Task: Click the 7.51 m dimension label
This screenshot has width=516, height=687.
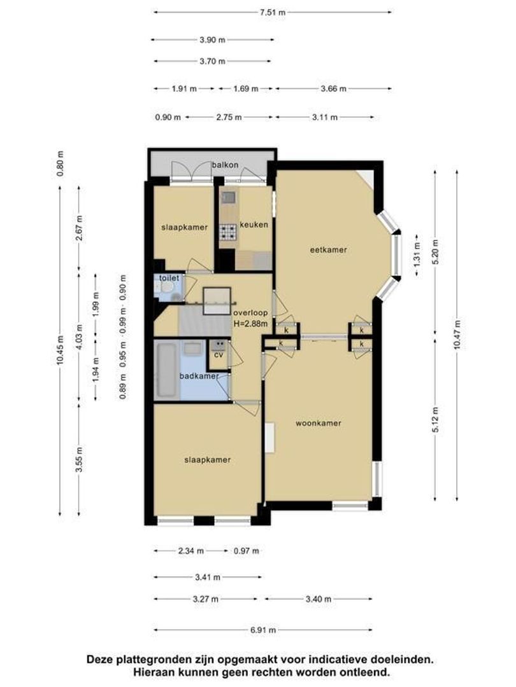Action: coord(273,12)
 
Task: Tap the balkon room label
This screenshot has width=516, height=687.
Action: coord(225,165)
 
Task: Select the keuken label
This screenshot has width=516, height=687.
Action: coord(254,225)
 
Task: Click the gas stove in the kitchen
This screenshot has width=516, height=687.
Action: coord(228,232)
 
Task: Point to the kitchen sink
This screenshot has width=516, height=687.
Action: coord(228,197)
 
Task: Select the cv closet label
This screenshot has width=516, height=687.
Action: coord(219,355)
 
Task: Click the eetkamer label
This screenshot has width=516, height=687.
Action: coord(329,250)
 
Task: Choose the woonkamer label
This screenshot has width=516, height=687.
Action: coord(319,423)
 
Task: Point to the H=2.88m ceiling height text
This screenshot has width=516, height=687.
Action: coord(250,324)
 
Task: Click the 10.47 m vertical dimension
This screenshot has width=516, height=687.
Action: coord(457,335)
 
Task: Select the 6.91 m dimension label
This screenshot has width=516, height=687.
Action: coord(263,630)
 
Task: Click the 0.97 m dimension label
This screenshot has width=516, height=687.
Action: coord(246,551)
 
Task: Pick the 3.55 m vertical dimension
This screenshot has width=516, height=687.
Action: coord(79,460)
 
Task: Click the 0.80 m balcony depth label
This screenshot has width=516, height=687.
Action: coord(61,164)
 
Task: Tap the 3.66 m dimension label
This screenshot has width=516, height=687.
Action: coord(333,88)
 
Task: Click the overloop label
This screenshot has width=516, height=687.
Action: coord(250,313)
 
